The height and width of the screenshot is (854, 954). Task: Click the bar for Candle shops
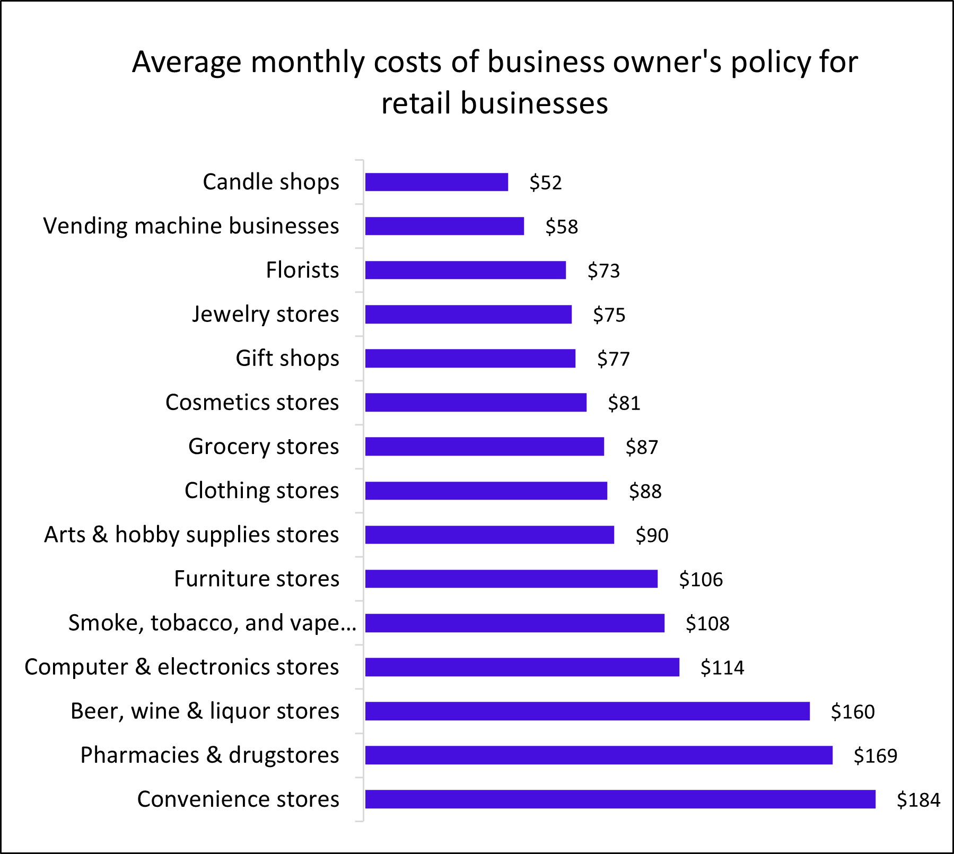click(x=436, y=182)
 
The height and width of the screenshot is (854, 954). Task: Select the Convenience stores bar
click(x=620, y=799)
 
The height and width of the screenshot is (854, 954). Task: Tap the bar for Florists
click(x=465, y=270)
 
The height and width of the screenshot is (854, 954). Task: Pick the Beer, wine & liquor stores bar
click(x=587, y=711)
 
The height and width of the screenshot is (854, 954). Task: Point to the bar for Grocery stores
click(x=484, y=446)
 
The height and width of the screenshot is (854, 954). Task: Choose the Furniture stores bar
click(x=511, y=579)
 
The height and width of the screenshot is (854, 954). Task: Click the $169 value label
click(x=875, y=755)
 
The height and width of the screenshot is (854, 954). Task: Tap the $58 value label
click(x=562, y=226)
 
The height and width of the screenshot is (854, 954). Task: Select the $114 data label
click(x=722, y=667)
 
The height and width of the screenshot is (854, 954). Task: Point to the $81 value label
click(x=624, y=403)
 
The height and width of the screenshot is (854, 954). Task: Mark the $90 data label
click(x=652, y=535)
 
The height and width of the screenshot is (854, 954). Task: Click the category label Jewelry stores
click(x=265, y=314)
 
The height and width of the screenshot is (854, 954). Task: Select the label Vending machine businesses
click(x=191, y=226)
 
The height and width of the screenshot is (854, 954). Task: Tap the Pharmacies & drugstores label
click(x=209, y=755)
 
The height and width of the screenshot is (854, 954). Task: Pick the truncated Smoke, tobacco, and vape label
click(x=212, y=623)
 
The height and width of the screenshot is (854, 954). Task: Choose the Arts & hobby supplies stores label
click(x=191, y=535)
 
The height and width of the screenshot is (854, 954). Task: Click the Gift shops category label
click(x=287, y=358)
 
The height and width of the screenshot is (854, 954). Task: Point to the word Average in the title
click(x=187, y=62)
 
